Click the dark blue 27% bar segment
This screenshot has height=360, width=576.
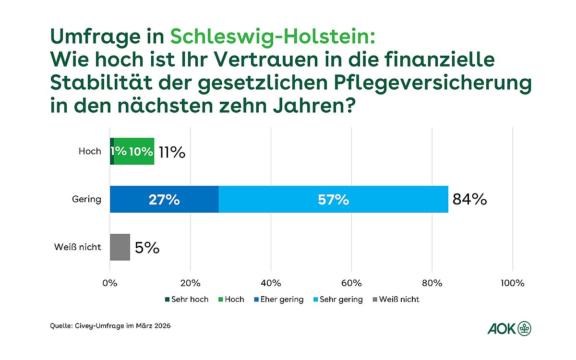164,199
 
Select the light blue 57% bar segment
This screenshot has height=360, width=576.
333,199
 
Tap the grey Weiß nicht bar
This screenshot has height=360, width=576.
120,247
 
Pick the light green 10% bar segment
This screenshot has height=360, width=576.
134,151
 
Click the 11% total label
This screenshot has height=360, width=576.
172,152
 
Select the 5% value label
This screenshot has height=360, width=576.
147,248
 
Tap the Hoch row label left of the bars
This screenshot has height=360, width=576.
90,151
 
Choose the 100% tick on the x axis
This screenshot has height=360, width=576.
512,283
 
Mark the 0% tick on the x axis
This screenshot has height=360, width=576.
110,283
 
